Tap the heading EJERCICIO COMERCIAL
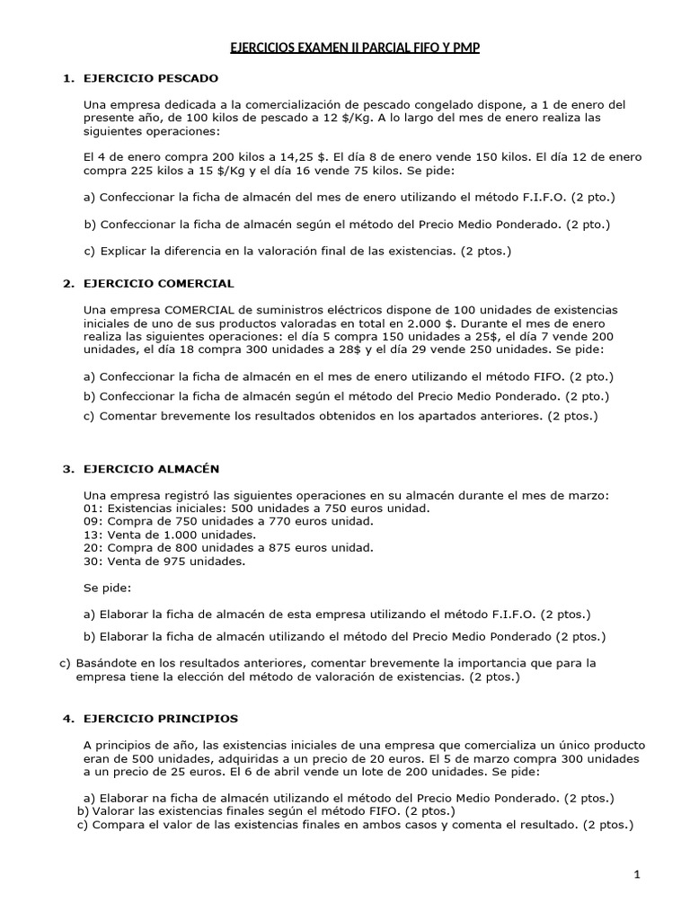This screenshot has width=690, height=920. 158,283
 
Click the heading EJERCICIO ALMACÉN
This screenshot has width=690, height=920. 151,469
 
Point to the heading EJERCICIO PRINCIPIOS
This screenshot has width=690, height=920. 161,719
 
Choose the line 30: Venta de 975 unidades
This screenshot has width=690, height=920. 163,562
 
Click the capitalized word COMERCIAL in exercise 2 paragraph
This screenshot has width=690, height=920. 181,310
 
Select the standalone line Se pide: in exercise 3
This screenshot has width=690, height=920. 107,588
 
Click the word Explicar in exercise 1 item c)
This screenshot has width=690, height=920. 127,252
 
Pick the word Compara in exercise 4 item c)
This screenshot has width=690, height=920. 119,824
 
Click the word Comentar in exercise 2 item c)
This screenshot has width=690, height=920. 130,416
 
